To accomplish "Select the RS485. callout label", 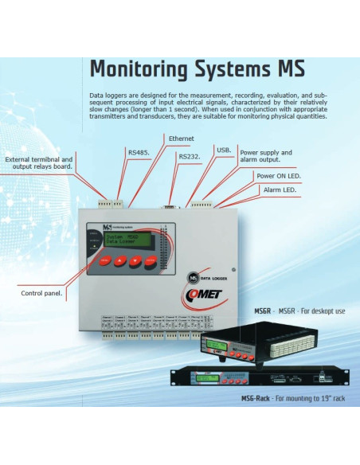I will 139,151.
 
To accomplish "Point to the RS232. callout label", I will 189,156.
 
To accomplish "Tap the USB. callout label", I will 224,149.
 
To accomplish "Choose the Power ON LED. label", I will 278,175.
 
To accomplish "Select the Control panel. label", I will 41,292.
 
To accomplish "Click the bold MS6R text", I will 263,311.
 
